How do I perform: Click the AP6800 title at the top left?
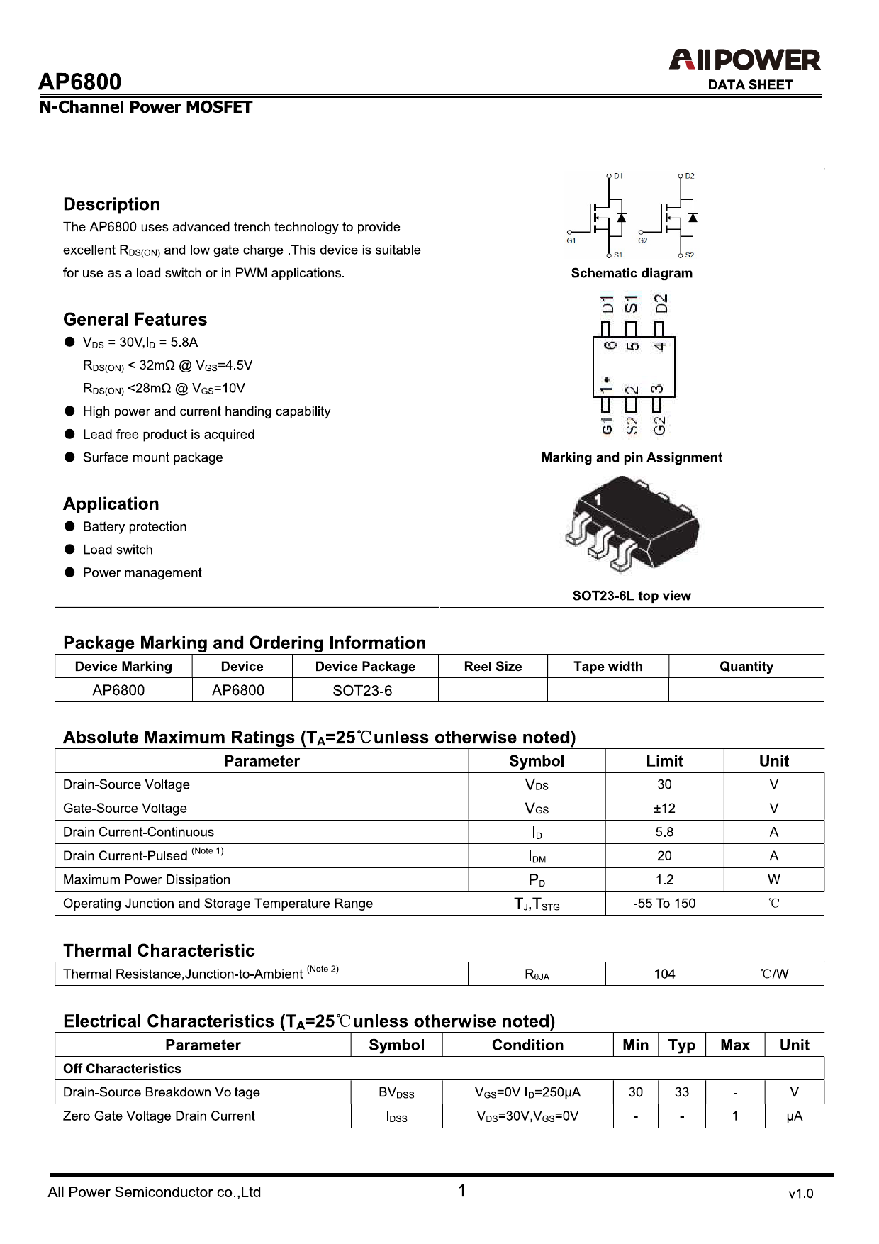[x=79, y=82]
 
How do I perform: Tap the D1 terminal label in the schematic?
[x=618, y=176]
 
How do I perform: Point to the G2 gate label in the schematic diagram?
[x=642, y=241]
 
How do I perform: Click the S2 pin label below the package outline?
[x=632, y=426]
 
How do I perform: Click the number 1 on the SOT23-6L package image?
[x=598, y=500]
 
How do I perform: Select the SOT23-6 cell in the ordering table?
[x=362, y=691]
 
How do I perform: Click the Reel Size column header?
[x=493, y=667]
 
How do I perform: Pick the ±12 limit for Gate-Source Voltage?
[x=664, y=809]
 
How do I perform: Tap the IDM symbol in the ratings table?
[x=537, y=857]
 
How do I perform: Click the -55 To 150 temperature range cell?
[x=664, y=904]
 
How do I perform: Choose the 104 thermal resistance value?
[x=664, y=974]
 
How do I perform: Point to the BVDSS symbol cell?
[x=396, y=1093]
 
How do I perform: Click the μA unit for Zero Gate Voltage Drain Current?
[x=794, y=1116]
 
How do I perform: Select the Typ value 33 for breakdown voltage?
[x=681, y=1092]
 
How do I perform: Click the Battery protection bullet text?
[x=135, y=527]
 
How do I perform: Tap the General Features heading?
[x=135, y=319]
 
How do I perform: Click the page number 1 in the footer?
[x=461, y=1191]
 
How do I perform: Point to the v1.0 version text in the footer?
[x=800, y=1194]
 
